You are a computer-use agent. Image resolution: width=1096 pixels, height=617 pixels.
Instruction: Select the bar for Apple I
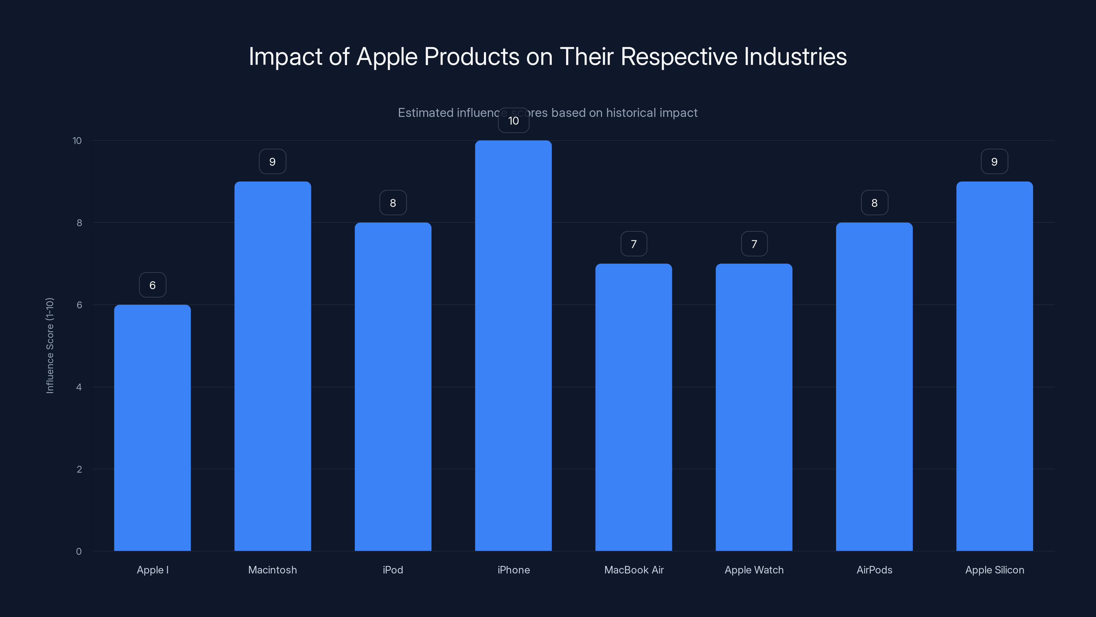click(152, 427)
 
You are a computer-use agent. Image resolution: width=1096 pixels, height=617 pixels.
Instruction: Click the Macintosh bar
click(273, 366)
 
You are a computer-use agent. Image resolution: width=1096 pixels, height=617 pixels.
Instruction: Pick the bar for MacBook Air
click(634, 407)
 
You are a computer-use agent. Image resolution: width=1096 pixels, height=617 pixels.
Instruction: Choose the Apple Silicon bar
click(994, 366)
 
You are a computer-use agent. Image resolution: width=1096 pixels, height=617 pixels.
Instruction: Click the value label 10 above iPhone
click(513, 121)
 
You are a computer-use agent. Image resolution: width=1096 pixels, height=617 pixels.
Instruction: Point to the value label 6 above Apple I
click(152, 285)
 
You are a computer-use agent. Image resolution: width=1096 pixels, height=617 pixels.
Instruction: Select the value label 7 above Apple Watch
click(754, 244)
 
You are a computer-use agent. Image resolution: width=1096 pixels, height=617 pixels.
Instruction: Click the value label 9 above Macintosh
click(273, 162)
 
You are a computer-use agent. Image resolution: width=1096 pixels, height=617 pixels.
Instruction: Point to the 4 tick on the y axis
click(79, 387)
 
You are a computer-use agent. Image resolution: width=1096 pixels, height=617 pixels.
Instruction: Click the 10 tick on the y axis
click(77, 141)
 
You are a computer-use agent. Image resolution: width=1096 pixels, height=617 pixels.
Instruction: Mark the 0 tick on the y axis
click(79, 552)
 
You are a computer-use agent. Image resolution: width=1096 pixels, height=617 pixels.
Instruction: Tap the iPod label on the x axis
click(393, 570)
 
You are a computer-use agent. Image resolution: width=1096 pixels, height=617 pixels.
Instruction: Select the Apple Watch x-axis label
click(754, 570)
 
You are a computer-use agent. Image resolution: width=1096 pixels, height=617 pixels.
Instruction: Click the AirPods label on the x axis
click(874, 570)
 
